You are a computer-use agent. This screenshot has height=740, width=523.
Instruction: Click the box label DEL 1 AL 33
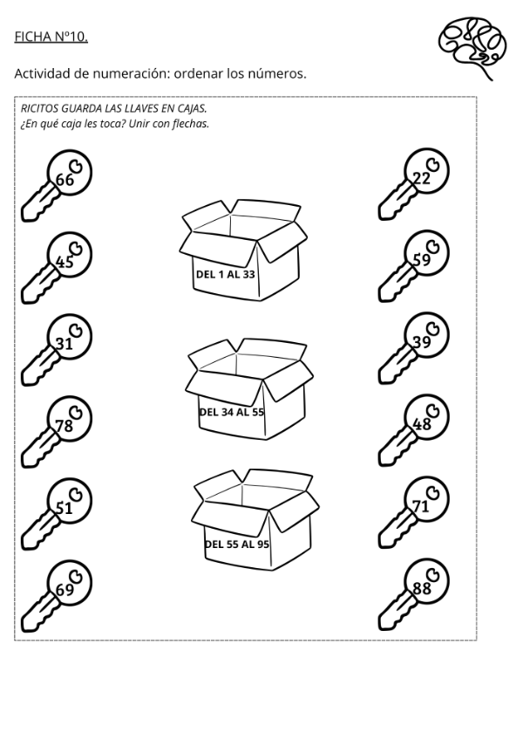(x=226, y=274)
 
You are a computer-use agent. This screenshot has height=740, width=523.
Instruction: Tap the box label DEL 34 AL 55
(x=231, y=412)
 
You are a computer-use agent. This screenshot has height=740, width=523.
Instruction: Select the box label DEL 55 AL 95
(x=236, y=544)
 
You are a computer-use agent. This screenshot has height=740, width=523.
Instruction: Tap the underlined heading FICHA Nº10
(x=51, y=37)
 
